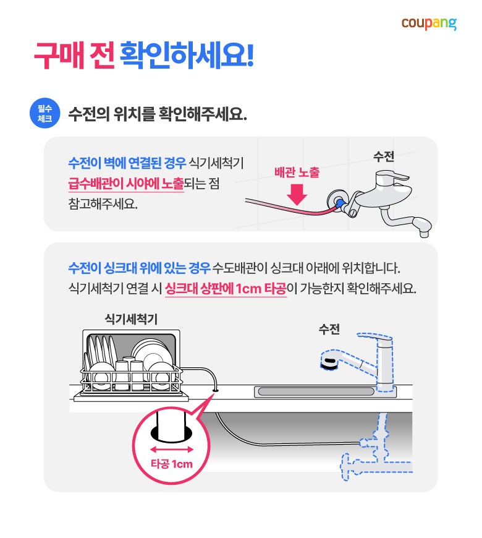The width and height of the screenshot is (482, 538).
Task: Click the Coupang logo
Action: (429, 23)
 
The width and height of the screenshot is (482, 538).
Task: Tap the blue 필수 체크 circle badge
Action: (45, 113)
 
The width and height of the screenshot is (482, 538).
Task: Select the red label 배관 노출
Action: (297, 173)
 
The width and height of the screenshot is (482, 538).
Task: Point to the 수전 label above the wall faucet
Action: (384, 156)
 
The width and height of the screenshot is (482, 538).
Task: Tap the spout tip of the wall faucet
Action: (424, 234)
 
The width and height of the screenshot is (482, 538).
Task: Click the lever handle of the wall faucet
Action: (394, 177)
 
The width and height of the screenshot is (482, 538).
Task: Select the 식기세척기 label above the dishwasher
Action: (131, 319)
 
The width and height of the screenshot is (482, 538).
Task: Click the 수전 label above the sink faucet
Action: (329, 329)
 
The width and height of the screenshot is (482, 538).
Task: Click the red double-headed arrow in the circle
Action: (172, 449)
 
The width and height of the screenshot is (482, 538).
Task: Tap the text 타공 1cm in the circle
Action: (172, 464)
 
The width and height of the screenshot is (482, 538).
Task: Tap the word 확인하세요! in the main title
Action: (187, 55)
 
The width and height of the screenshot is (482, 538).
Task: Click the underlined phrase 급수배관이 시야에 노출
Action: (126, 184)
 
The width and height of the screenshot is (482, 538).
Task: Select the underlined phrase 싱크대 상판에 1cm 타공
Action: (226, 288)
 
